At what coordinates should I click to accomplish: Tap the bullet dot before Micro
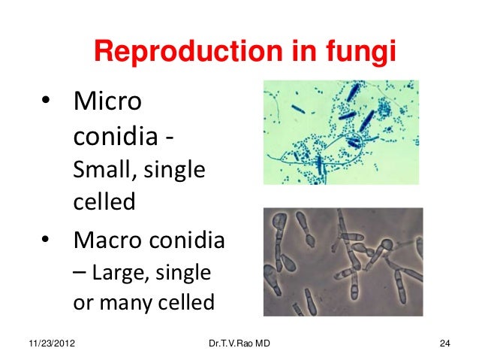click(47, 101)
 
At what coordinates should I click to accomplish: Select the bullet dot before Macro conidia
click(47, 242)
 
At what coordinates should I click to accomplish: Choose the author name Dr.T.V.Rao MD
click(236, 345)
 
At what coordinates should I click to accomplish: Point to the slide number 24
click(444, 345)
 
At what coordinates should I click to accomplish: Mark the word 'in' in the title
click(294, 51)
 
